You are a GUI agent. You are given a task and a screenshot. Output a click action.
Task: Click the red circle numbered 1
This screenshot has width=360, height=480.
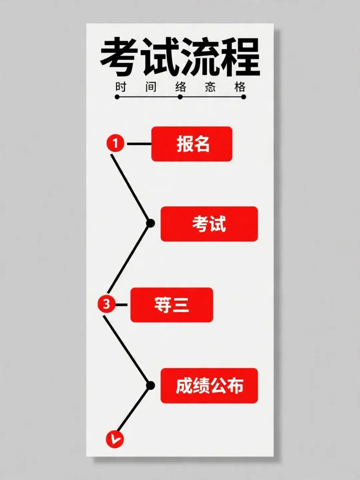pos(115,144)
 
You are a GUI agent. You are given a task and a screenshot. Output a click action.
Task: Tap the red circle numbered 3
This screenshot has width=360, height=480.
pos(106,304)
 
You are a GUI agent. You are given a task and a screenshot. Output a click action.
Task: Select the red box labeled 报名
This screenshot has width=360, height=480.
pos(192,144)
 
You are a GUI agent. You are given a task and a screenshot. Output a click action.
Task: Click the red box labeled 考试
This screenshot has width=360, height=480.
pos(209,224)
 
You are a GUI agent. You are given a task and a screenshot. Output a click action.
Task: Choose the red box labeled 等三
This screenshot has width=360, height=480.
pos(171,305)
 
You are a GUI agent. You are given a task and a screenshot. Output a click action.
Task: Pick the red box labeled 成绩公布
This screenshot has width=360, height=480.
pos(209,386)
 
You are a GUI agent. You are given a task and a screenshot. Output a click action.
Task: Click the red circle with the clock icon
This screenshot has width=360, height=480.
pos(115,439)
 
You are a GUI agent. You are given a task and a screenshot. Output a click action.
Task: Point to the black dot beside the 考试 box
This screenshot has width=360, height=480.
pos(151,223)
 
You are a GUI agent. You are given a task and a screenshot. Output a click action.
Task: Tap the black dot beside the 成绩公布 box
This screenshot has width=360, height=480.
pos(151,386)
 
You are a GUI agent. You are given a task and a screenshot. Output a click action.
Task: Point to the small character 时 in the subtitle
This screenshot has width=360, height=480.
pos(121,87)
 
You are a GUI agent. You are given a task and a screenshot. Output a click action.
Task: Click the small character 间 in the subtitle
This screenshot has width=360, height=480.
pos(151,87)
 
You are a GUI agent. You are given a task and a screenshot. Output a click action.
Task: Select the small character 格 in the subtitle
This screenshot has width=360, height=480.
pos(240,87)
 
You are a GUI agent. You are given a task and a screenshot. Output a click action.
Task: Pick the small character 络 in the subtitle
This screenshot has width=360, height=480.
pos(181,87)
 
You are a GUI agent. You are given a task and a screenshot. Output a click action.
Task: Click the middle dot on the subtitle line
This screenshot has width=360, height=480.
pos(180,97)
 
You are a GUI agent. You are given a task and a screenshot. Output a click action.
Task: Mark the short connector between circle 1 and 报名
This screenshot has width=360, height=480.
pos(139,144)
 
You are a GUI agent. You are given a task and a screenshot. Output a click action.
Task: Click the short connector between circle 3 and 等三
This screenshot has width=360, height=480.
pos(121,305)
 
